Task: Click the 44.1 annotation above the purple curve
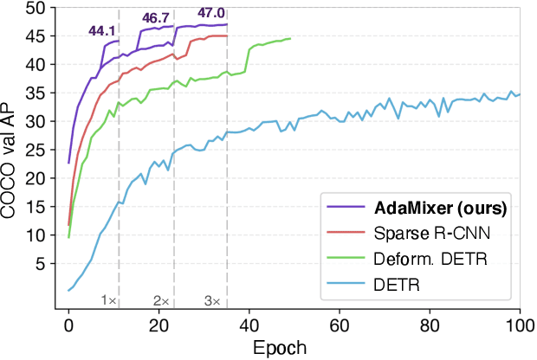point(102,32)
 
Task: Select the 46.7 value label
point(157,17)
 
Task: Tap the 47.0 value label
point(210,14)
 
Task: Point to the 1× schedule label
point(108,300)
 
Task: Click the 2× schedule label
point(161,300)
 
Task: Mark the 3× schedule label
point(213,300)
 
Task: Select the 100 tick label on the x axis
point(519,325)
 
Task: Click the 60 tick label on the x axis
point(339,325)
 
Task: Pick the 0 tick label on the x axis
point(68,325)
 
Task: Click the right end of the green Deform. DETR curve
point(290,39)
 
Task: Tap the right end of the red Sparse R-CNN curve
point(227,36)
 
